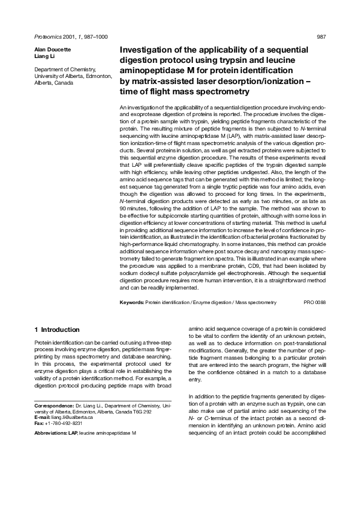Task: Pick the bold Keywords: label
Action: coord(131,302)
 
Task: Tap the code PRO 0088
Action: coord(315,302)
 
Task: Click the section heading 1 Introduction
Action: coord(57,329)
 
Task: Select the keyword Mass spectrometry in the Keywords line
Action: coord(256,302)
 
